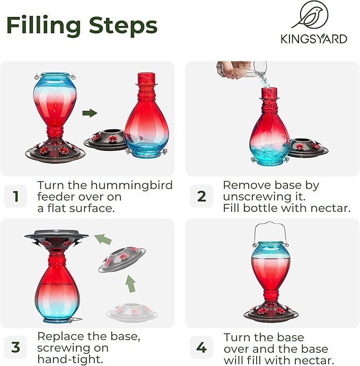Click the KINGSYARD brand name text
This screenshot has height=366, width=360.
[314, 39]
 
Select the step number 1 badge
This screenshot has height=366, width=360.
[15, 197]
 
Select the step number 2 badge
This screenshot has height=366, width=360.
[201, 197]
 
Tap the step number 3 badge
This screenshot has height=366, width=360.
[15, 347]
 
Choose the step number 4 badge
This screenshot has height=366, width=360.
[201, 347]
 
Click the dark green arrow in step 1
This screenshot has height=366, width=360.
[90, 113]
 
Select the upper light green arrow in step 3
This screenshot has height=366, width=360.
[103, 239]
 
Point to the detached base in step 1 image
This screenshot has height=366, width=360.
[104, 141]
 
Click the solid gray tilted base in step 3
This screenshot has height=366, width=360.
[122, 258]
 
